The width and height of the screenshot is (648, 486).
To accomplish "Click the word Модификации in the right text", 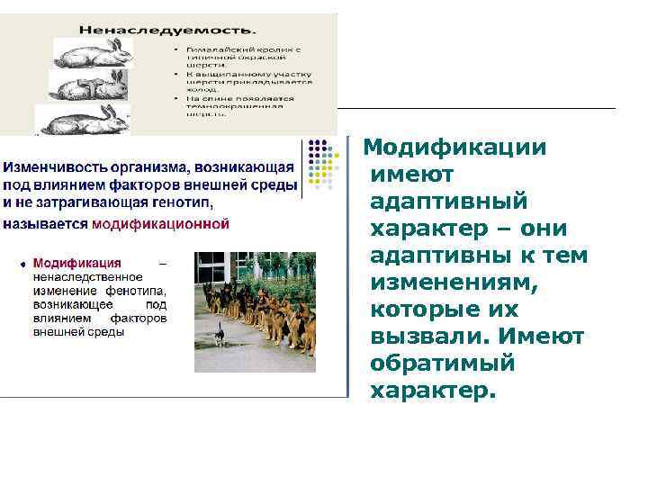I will pyautogui.click(x=454, y=147).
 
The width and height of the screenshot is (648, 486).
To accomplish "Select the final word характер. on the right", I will pyautogui.click(x=432, y=391).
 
